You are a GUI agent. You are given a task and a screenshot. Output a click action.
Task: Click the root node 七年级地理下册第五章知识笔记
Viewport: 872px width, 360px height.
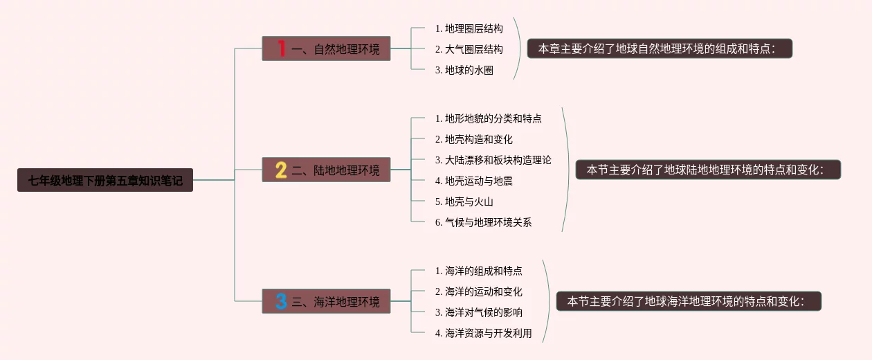[105, 181]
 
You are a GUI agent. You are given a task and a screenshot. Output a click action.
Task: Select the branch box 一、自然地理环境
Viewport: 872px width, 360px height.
[326, 48]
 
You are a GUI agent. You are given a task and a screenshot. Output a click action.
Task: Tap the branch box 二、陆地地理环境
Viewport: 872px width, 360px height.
[326, 170]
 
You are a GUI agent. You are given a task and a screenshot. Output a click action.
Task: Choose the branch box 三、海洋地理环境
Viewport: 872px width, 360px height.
[326, 301]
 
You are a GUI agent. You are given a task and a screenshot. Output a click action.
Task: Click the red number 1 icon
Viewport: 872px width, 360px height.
[281, 48]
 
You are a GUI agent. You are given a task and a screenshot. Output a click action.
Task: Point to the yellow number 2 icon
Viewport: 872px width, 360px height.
[281, 170]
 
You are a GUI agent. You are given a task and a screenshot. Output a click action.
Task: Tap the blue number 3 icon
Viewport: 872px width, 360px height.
[281, 301]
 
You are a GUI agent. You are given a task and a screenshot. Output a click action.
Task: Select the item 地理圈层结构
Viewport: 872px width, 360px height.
[469, 28]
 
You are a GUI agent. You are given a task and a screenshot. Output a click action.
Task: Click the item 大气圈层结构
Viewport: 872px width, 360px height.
[469, 49]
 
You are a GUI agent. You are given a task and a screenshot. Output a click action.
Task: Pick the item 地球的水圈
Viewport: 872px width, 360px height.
[464, 70]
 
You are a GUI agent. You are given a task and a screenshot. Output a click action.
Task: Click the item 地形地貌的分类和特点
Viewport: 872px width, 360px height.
[488, 118]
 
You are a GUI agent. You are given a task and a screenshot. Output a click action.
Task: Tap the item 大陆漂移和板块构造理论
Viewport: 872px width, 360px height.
[493, 160]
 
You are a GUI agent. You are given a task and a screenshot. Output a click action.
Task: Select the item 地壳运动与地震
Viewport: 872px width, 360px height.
[473, 181]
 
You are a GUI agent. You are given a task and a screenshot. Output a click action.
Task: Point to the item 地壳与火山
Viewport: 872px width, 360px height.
[464, 201]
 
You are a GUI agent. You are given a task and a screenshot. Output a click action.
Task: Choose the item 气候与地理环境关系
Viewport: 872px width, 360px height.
[483, 222]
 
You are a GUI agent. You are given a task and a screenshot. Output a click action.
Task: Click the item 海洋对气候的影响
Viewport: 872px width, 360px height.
[478, 312]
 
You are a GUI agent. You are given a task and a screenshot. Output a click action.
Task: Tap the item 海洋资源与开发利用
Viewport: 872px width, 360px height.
[483, 333]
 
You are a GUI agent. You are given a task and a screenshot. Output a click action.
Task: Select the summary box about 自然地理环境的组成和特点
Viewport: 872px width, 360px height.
[660, 48]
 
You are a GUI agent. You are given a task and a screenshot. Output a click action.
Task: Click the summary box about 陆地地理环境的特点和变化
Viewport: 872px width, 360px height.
[708, 170]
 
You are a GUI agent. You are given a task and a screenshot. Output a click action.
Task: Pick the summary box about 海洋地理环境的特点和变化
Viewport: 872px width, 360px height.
[689, 301]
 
